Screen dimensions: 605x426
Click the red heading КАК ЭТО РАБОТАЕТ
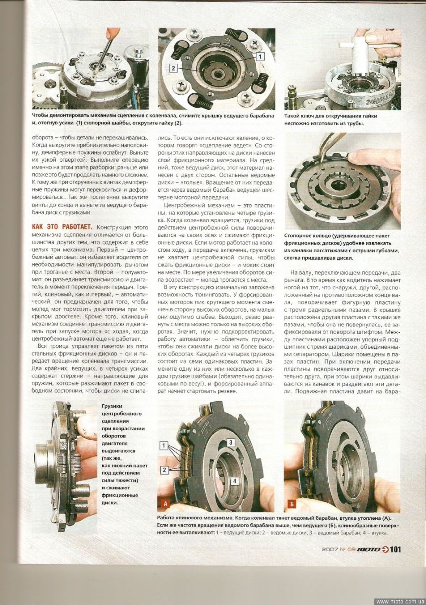click(x=62, y=227)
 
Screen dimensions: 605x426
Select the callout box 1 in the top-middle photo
click(x=260, y=57)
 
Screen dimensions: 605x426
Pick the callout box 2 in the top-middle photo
click(x=173, y=67)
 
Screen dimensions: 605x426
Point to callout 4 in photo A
click(x=234, y=480)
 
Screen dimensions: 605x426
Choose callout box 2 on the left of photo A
click(x=164, y=470)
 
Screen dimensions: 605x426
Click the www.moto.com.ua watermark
click(x=400, y=601)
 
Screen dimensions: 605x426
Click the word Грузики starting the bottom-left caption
click(x=112, y=405)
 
